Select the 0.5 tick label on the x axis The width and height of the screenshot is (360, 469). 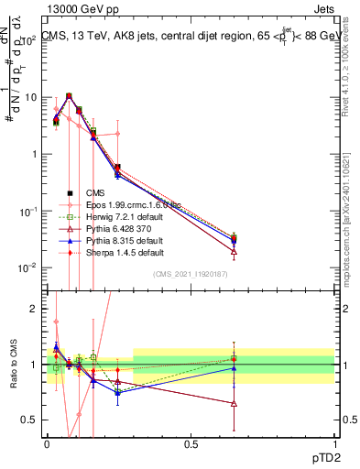[x=191, y=442]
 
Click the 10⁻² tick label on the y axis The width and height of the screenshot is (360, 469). [x=27, y=267]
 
